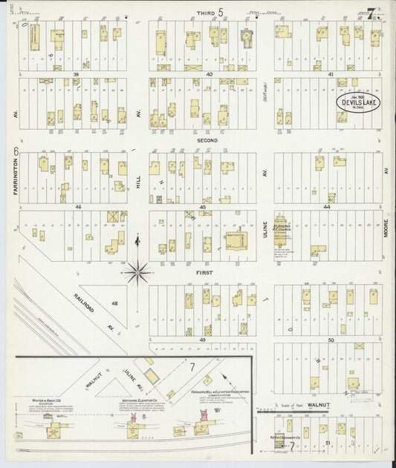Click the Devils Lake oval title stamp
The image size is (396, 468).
[x=360, y=102]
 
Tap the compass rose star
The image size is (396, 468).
[x=137, y=273]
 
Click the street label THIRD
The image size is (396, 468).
[x=204, y=13]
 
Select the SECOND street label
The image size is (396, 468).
[x=207, y=140]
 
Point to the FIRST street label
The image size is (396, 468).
[x=205, y=272]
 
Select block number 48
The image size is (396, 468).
[x=114, y=303]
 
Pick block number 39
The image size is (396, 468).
[x=76, y=75]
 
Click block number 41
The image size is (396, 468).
[x=331, y=75]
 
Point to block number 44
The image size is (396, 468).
[x=326, y=207]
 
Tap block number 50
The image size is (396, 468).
[x=330, y=340]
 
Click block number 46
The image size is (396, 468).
[x=77, y=207]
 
